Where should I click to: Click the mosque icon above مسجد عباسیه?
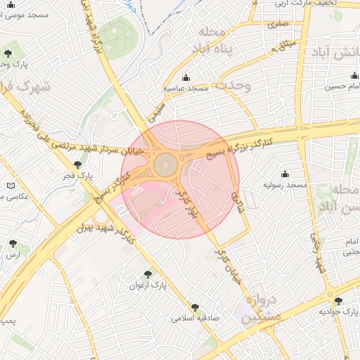click(186, 77)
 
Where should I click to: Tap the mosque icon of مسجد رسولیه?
click(285, 174)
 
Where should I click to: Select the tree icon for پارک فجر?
click(77, 164)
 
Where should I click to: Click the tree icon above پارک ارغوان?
click(147, 274)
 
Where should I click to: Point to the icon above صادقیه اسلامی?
click(195, 307)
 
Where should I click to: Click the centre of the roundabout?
click(165, 167)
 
